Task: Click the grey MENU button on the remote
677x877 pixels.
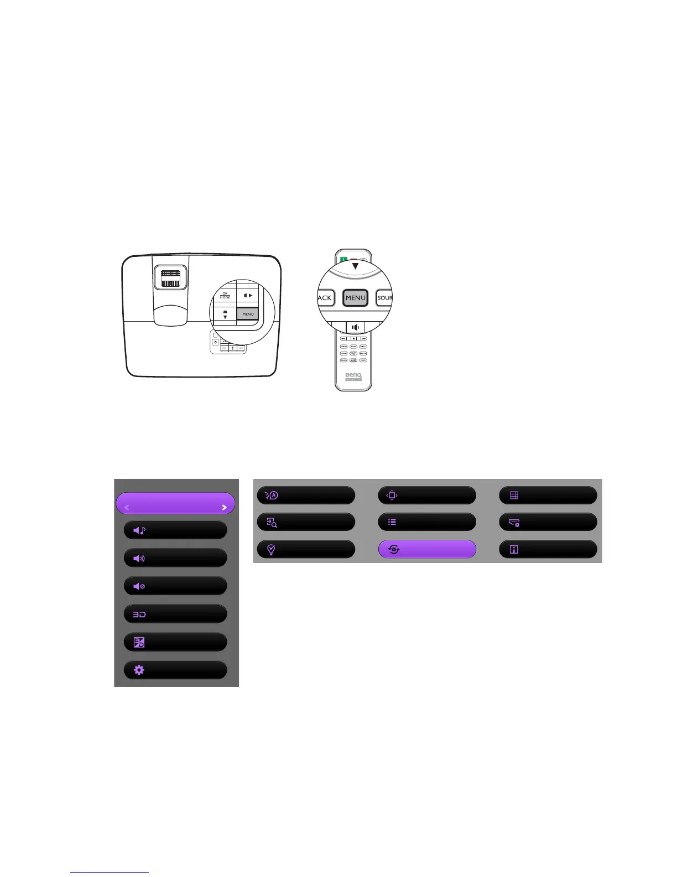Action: pos(355,298)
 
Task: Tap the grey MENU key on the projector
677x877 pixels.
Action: pos(248,314)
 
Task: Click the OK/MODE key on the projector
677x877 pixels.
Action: pos(225,295)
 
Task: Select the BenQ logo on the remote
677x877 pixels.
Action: pos(353,375)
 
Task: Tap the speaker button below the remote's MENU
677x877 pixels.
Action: pos(355,327)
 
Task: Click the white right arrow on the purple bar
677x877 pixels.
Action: pos(225,507)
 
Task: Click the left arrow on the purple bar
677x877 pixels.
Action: pos(127,507)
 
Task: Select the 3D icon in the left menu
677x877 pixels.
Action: pos(139,615)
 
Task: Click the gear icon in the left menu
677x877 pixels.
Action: pos(139,670)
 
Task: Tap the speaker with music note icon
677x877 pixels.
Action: pos(139,530)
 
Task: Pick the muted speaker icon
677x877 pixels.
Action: pos(139,586)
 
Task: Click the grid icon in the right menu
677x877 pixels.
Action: pos(514,496)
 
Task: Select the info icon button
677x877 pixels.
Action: pos(514,550)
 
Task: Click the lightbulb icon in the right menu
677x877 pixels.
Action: pos(272,550)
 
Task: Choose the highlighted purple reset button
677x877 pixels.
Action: pos(426,549)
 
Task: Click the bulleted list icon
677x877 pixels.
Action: pos(392,522)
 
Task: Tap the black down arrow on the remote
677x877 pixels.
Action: pos(355,266)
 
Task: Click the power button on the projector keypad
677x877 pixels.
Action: pos(215,342)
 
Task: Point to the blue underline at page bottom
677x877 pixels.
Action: pos(110,872)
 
